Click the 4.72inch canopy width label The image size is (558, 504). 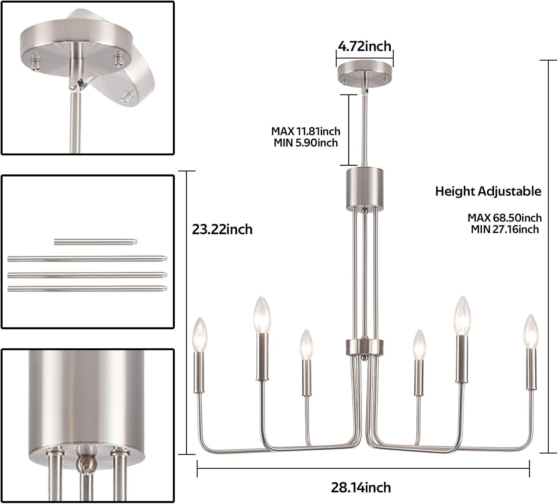coord(365,46)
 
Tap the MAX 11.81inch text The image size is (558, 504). coord(305,131)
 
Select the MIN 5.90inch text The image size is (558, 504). coord(306,143)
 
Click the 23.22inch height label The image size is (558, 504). coord(222,229)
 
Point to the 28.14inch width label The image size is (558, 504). coord(361,487)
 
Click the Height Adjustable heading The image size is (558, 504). coord(488,191)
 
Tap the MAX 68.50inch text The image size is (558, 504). coord(504,217)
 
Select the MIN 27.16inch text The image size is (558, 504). coord(505,229)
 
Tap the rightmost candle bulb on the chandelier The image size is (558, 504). coord(531,332)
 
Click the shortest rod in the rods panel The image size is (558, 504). coord(96,242)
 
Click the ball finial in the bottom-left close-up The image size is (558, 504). coord(86,464)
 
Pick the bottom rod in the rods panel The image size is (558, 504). coord(87,289)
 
